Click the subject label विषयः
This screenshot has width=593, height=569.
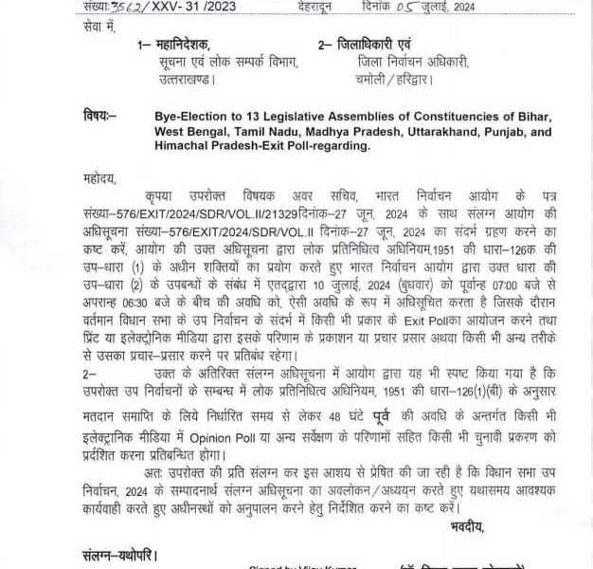coord(99,116)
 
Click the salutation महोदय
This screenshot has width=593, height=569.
coord(99,177)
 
